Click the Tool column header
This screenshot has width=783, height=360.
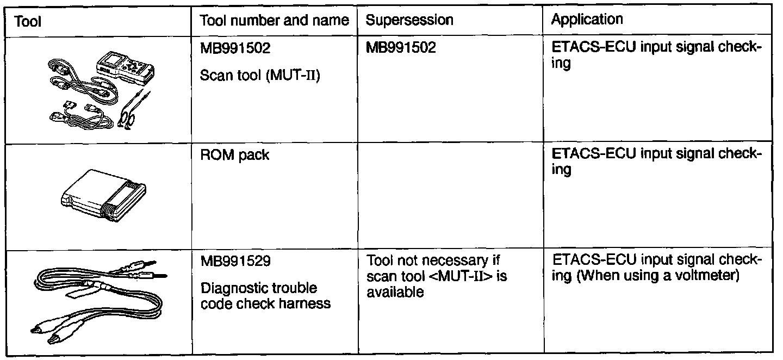[x=28, y=21]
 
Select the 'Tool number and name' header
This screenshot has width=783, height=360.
[x=275, y=21]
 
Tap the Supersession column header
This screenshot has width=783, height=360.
[x=409, y=21]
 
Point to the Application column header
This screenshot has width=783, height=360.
[x=587, y=20]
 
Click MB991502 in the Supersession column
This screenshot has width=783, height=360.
[x=401, y=49]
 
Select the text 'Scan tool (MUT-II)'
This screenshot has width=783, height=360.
[x=260, y=75]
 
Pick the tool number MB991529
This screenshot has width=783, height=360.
[x=235, y=263]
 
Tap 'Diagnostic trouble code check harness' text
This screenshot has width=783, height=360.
[x=265, y=295]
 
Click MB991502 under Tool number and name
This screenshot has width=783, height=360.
[x=235, y=49]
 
